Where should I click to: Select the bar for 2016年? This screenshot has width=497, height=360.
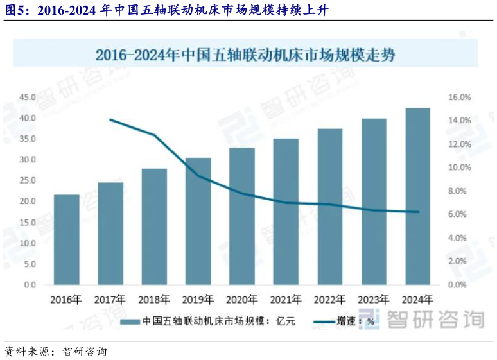coord(66,239)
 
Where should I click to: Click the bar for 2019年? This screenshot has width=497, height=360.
coord(198,221)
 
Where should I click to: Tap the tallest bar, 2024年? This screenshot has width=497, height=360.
coord(417,196)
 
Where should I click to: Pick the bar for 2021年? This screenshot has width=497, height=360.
coord(286,211)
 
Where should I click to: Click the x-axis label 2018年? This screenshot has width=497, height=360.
coord(154,298)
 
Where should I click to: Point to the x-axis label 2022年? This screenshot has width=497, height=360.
coord(329,298)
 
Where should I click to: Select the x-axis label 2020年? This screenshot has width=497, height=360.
coord(242,298)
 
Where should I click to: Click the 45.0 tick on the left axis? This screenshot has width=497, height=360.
coord(28,98)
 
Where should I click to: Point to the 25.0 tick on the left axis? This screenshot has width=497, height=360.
coord(28,180)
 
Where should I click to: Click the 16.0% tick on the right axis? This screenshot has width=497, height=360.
coord(459,98)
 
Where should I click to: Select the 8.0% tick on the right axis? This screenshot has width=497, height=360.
coord(459,191)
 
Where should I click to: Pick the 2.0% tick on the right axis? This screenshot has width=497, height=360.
coord(459,261)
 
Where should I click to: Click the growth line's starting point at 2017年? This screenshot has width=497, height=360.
coord(110,119)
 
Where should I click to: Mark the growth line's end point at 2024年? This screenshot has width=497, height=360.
coord(417,212)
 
